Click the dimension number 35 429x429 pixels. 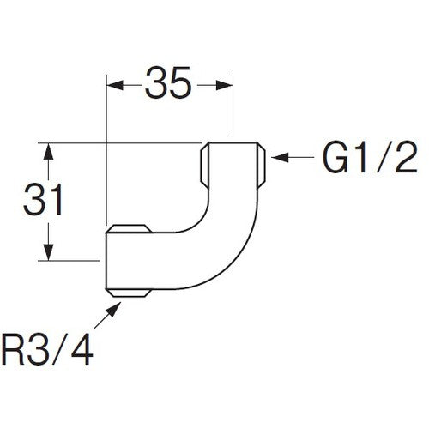(168, 82)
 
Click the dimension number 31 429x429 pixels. (43, 199)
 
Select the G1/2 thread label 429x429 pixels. (370, 157)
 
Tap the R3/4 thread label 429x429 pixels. (47, 349)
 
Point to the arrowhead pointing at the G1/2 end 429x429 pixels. (280, 157)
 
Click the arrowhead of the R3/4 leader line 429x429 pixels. (113, 309)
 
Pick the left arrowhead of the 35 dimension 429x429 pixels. (115, 85)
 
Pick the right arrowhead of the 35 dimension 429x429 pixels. (225, 85)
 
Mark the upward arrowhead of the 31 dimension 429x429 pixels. (49, 152)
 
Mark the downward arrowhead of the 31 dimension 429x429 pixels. (49, 251)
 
